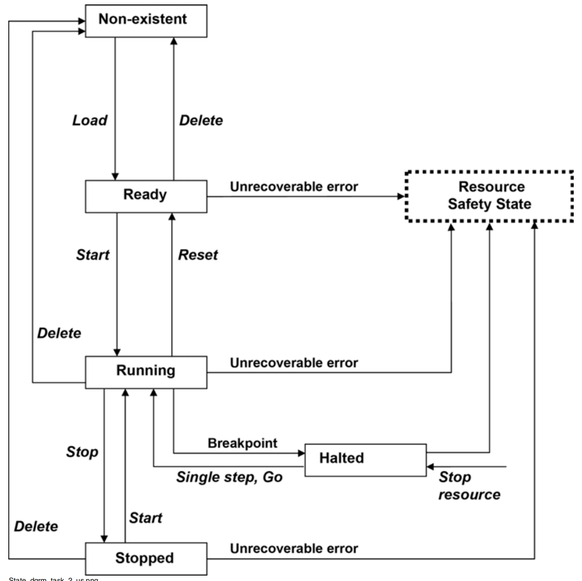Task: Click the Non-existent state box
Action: pos(146,20)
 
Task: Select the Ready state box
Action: pos(146,196)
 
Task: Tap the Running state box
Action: pos(146,371)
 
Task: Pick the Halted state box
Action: pos(365,459)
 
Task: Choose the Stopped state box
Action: pos(146,559)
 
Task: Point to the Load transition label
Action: pos(90,120)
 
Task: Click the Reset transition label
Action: pos(198,255)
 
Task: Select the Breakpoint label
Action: pos(242,443)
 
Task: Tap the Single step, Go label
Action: pos(229,477)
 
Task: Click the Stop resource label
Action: pos(469,486)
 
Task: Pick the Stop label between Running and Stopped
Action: pos(82,452)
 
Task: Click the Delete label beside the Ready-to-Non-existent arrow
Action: pos(201,120)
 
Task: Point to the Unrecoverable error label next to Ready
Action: pos(294,187)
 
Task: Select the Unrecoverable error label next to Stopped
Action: pos(294,549)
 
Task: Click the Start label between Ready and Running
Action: pos(93,255)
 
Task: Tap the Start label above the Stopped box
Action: pos(145,518)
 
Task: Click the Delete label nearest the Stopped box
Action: pos(36,526)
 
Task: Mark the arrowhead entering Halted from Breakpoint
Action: pos(301,453)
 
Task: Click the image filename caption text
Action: pos(54,579)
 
